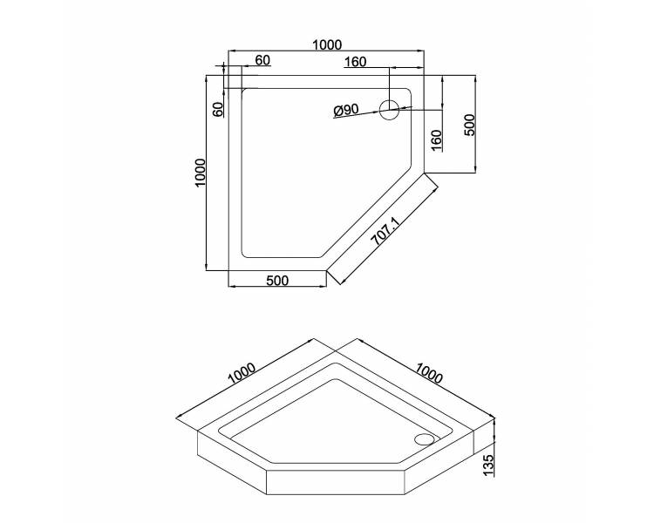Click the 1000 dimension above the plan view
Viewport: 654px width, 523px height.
(x=327, y=44)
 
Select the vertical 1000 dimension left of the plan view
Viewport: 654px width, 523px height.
(x=201, y=173)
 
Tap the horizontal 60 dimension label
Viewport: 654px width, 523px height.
(x=262, y=60)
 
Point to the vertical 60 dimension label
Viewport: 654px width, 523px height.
(x=218, y=109)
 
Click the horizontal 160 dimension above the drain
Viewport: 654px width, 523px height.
(x=356, y=62)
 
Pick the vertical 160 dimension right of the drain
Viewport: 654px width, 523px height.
(x=435, y=140)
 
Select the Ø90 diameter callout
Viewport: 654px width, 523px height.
(x=346, y=110)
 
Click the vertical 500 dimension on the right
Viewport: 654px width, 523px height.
(x=469, y=125)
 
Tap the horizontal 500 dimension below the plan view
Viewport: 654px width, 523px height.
(x=277, y=281)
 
